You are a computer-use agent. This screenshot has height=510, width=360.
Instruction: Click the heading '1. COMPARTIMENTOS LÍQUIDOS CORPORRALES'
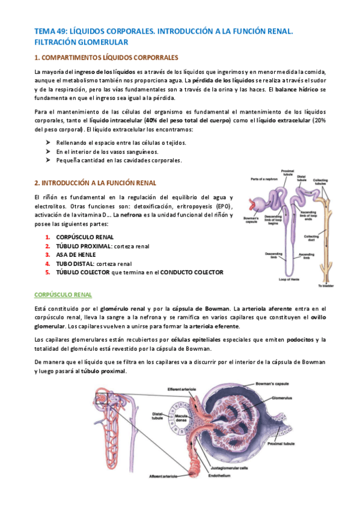pos(106,58)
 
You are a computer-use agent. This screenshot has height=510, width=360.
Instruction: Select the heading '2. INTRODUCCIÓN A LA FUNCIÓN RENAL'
pos(95,183)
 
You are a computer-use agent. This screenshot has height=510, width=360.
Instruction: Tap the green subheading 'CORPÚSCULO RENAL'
pos(63,295)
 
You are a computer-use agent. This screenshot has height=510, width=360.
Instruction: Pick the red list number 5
pos(47,272)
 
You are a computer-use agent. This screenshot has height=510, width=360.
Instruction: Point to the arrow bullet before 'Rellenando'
pos(48,143)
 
